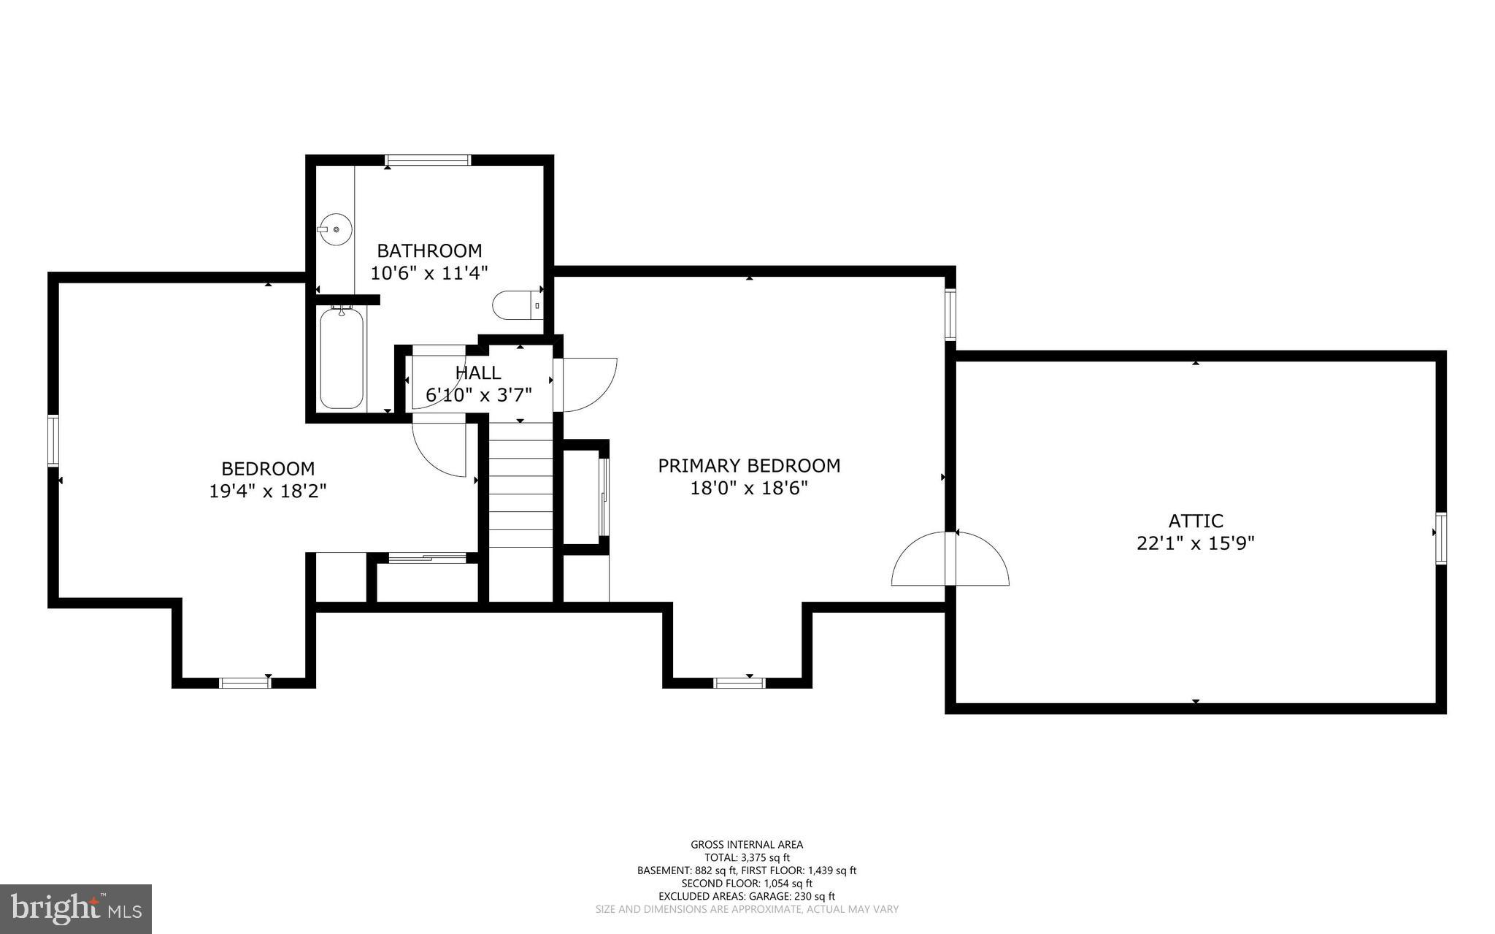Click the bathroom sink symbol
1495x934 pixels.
[x=336, y=229]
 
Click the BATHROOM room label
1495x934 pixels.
[x=429, y=250]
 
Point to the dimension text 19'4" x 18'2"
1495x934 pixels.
[x=267, y=491]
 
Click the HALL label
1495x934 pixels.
[x=478, y=372]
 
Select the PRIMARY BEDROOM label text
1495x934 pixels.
[x=749, y=466]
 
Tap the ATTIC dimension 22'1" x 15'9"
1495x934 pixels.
[x=1195, y=543]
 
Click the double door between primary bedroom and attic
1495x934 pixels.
[x=950, y=559]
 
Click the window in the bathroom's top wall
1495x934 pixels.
[x=428, y=160]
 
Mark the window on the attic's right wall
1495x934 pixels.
[x=1441, y=538]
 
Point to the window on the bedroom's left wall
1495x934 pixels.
[x=53, y=440]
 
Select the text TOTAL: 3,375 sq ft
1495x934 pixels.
[x=747, y=857]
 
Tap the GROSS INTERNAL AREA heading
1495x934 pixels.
[x=747, y=845]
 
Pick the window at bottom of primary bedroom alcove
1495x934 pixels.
[x=739, y=683]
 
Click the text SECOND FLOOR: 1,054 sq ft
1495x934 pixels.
[x=747, y=883]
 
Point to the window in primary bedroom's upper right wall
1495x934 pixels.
[x=950, y=314]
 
